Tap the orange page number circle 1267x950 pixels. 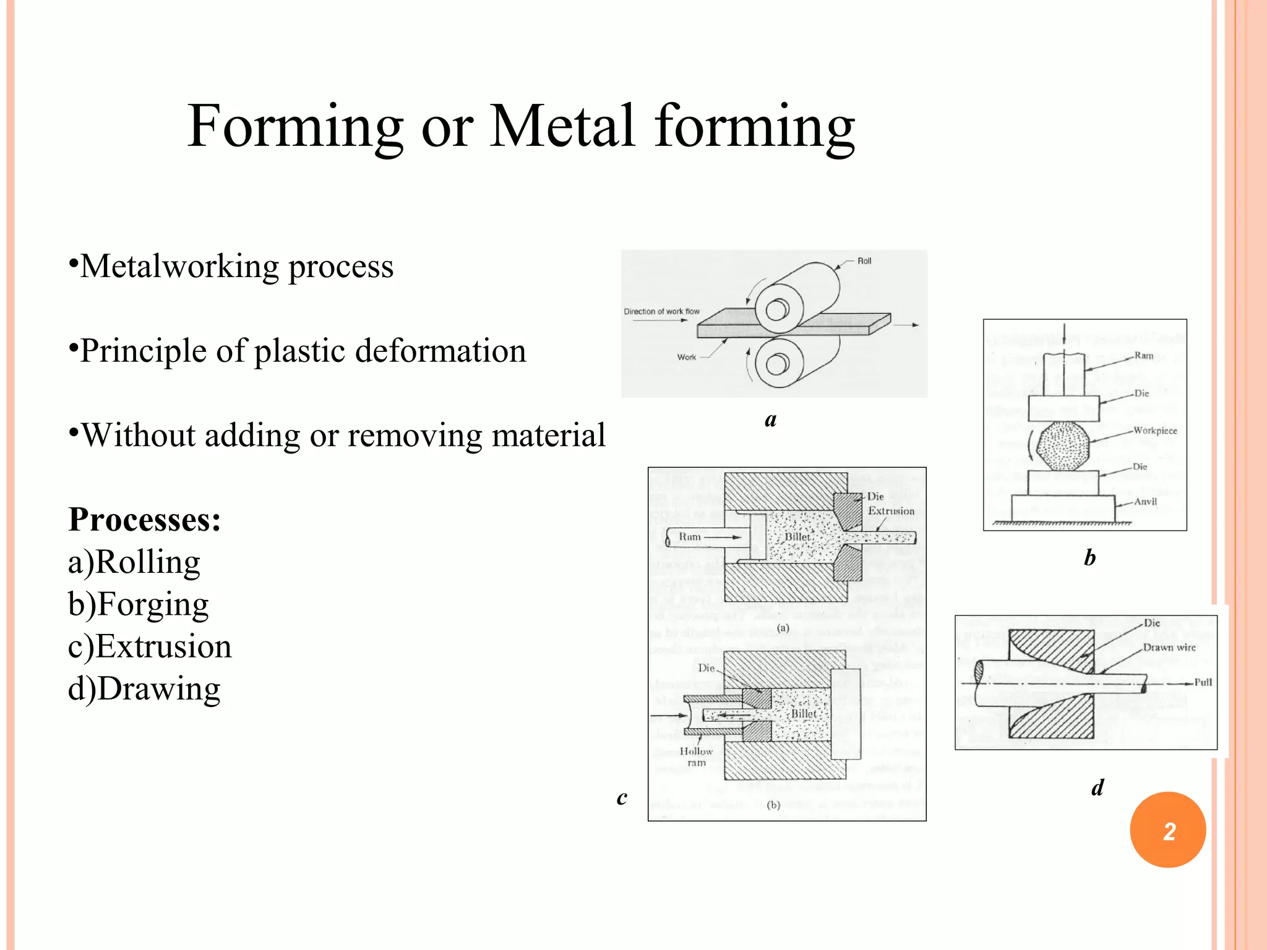point(1167,830)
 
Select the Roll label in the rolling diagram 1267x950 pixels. point(864,261)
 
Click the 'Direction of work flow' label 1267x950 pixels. point(661,312)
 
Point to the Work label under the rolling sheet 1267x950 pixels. point(686,357)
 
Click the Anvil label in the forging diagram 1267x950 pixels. point(1145,502)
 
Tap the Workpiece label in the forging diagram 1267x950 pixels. point(1155,430)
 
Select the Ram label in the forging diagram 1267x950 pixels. point(1144,356)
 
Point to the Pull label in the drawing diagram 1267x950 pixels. point(1203,682)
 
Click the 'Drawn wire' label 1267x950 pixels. point(1169,648)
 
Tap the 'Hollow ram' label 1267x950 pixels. point(696,756)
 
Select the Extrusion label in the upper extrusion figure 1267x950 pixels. point(891,511)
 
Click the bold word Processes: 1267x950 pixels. point(145,520)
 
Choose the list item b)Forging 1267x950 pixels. point(139,604)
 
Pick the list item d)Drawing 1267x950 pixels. point(144,688)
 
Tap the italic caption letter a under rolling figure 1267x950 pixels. point(770,420)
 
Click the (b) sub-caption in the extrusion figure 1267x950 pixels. point(773,805)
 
